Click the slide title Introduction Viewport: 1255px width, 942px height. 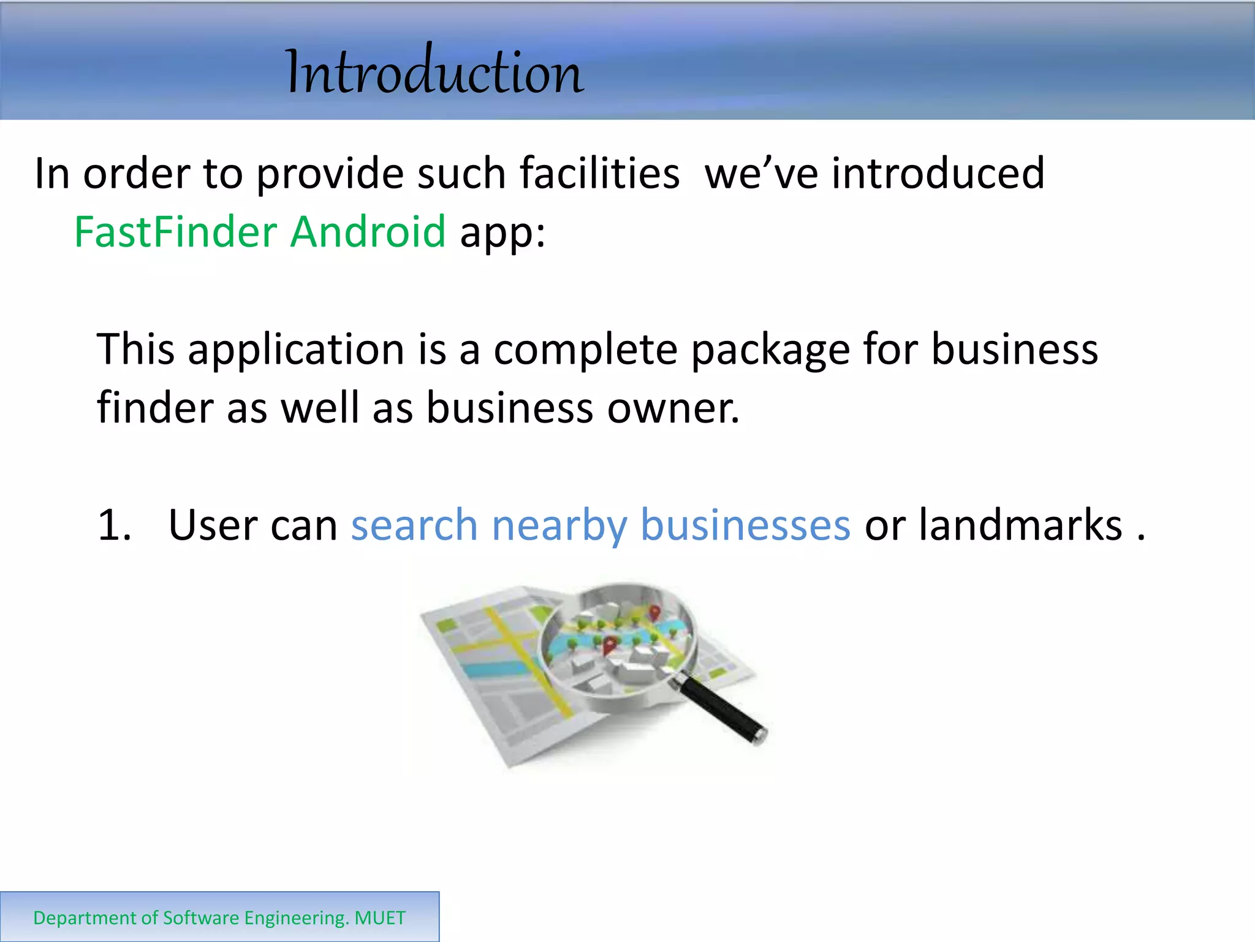(434, 72)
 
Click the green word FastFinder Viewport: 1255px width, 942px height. (176, 232)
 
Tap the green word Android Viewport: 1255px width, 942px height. (368, 232)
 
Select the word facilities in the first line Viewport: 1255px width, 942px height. (599, 174)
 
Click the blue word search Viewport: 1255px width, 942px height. (414, 526)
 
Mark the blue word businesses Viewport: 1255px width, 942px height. (745, 526)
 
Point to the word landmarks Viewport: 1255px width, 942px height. (1020, 526)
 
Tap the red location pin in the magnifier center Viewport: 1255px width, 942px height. (610, 645)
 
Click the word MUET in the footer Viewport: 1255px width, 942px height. (380, 918)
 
